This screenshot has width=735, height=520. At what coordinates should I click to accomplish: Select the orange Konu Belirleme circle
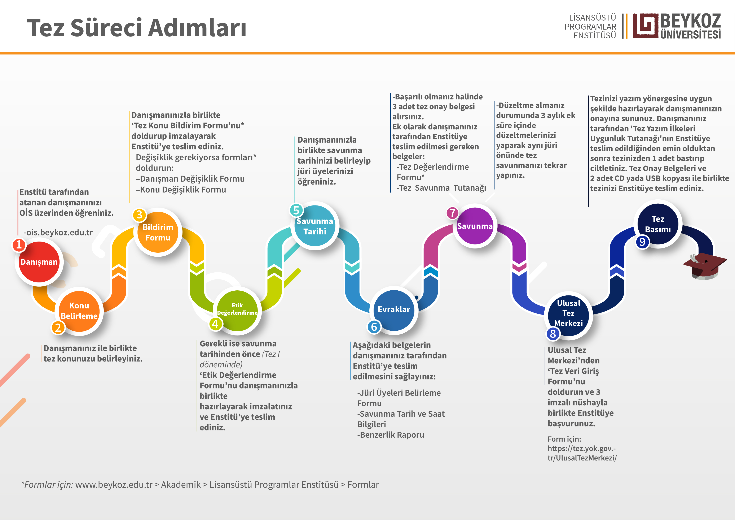click(x=79, y=311)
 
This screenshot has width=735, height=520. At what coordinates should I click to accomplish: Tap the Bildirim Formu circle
click(x=158, y=232)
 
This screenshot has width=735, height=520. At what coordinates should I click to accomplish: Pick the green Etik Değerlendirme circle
click(x=237, y=310)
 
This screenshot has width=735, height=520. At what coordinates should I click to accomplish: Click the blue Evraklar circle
click(x=394, y=309)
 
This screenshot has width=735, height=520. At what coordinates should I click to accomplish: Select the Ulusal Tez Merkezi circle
click(x=569, y=313)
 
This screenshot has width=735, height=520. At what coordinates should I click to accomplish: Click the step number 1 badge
click(x=19, y=245)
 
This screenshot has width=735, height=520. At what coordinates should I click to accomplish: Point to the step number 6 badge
click(x=374, y=327)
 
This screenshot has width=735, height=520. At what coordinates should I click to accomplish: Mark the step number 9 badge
click(x=642, y=242)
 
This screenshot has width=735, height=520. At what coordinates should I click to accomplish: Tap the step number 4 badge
click(x=215, y=324)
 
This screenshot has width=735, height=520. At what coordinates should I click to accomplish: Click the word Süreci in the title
click(x=106, y=28)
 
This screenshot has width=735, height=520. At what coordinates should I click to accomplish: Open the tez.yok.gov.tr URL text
click(x=582, y=453)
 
